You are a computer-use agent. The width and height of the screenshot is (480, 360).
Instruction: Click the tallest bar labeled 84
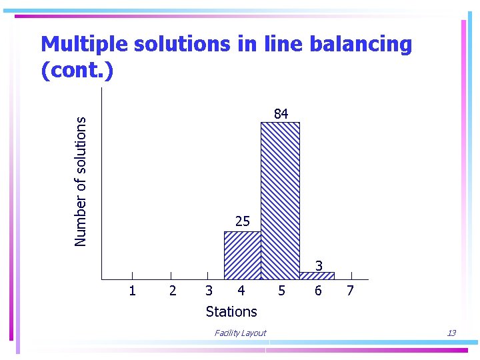tap(280, 200)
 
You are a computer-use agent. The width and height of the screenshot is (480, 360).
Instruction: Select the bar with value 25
tap(242, 255)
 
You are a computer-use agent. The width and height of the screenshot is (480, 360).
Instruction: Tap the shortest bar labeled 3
tap(317, 276)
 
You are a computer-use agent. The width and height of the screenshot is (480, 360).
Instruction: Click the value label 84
tap(281, 114)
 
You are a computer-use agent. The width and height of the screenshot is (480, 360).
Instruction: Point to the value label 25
tap(242, 221)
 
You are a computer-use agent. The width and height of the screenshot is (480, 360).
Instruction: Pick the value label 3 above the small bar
tap(319, 266)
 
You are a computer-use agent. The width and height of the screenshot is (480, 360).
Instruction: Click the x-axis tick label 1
tap(132, 291)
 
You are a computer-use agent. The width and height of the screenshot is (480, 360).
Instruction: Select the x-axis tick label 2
tap(173, 291)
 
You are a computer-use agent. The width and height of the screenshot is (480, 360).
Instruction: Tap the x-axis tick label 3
tap(209, 291)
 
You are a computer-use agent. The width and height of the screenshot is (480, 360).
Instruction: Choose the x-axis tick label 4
tap(241, 291)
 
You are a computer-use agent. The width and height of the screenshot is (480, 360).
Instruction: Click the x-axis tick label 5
tap(282, 291)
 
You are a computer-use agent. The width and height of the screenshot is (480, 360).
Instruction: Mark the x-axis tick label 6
tap(318, 291)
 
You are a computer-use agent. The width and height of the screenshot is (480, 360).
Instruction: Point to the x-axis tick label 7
tap(351, 291)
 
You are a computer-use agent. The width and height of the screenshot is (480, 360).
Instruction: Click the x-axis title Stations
tap(231, 311)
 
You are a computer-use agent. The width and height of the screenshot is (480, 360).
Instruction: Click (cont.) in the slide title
tap(77, 70)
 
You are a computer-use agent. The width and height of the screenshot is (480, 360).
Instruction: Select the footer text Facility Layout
tap(240, 333)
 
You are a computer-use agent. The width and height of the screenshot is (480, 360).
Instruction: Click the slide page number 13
tap(451, 333)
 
